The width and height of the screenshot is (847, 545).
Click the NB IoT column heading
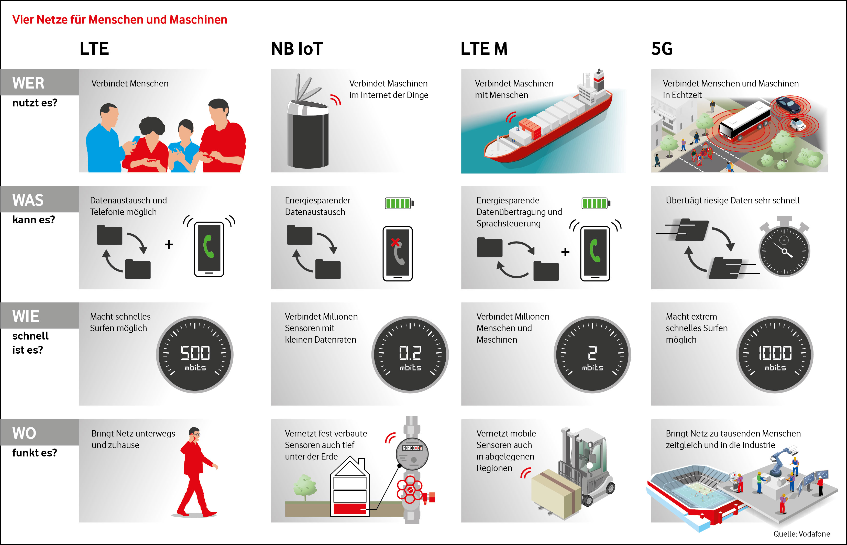297,49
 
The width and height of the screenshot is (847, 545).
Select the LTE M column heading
484,49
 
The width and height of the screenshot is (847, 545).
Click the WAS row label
28,200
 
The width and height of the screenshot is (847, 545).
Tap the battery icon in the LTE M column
596,203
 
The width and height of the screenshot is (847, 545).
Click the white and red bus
745,122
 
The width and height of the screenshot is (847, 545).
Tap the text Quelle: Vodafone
801,534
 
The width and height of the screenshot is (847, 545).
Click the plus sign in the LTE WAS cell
169,245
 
